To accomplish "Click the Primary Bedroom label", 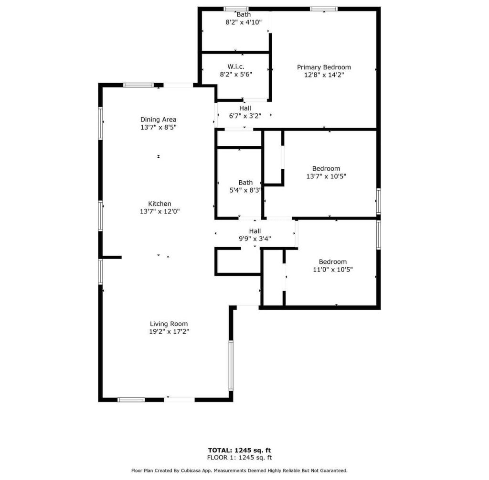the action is coord(324,67).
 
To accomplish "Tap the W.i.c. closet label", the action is coord(236,66).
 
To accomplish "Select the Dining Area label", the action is coord(158,120).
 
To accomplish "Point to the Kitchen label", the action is coord(159,204).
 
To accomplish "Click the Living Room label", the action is coord(169,324).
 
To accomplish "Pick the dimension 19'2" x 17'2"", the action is coord(169,331).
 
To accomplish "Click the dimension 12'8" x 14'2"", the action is coord(324,75).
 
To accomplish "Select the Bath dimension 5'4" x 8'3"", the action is coord(245,190).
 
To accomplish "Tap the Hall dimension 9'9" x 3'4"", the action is coord(255,239).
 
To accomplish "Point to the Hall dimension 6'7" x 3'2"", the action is coord(245,116).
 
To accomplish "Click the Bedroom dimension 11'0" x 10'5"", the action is coord(333,269).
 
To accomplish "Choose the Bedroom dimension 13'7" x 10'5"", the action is coord(326,176).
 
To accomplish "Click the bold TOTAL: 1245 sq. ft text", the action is coord(240,450).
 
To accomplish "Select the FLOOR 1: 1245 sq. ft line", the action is coord(240,458).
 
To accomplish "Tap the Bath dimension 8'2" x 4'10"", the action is coord(244,22).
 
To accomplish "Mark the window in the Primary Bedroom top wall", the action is coord(324,9).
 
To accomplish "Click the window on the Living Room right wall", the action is coord(231,365).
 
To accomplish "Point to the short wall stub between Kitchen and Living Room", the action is coord(112,257).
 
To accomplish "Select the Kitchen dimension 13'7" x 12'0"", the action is coord(159,211).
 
